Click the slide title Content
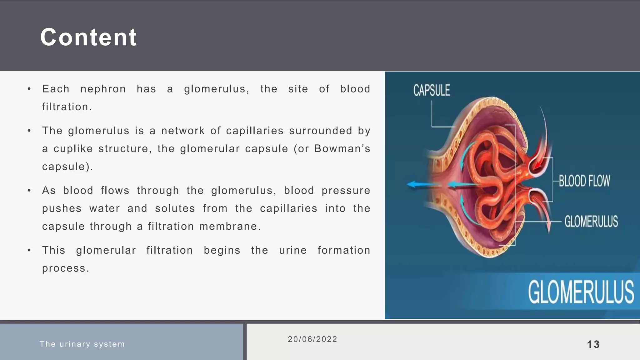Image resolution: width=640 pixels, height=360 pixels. (x=88, y=37)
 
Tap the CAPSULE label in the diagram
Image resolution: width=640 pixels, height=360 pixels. (x=432, y=90)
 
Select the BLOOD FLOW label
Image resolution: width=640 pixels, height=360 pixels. (x=584, y=181)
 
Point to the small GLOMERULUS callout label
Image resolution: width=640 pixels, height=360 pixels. (x=591, y=221)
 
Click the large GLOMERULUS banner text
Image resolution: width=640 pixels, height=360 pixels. (x=581, y=292)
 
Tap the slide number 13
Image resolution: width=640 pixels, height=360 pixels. (x=593, y=344)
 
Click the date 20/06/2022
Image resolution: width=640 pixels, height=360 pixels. (x=312, y=339)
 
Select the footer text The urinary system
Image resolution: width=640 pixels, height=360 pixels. (x=82, y=344)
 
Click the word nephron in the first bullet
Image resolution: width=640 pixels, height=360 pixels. (x=103, y=89)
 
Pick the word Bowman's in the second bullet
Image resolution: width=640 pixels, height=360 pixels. (x=342, y=149)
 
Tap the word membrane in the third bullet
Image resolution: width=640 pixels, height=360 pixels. (x=229, y=227)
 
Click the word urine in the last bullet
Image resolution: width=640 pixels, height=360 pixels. (x=293, y=250)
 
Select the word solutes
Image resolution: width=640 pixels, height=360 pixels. (x=175, y=208)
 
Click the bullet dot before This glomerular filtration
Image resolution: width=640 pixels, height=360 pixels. (x=29, y=250)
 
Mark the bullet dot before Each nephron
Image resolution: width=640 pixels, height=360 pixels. (x=29, y=89)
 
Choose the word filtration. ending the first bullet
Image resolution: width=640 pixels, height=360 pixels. (x=67, y=107)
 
